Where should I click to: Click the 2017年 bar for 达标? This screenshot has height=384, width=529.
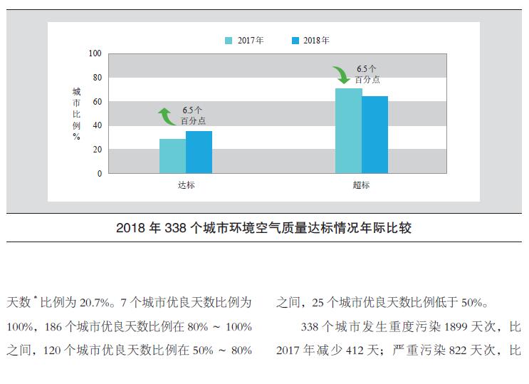click(172, 156)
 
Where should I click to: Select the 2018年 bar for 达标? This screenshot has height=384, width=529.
click(199, 152)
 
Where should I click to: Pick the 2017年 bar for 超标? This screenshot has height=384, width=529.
click(348, 131)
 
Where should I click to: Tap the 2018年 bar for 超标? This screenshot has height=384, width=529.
click(375, 135)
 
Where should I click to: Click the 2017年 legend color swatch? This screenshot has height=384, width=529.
click(229, 41)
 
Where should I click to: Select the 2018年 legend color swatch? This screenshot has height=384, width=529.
click(295, 41)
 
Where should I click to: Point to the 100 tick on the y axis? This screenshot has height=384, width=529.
click(95, 53)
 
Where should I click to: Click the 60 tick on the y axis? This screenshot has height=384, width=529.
click(98, 101)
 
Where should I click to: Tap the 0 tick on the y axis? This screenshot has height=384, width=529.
click(100, 173)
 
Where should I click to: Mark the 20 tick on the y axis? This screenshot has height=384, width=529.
click(98, 150)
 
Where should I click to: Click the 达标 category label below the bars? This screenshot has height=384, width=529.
click(186, 186)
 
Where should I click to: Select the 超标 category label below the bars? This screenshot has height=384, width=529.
click(361, 186)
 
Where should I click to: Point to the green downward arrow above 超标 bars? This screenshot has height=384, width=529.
click(341, 74)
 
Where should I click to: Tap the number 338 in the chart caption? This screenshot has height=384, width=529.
click(174, 229)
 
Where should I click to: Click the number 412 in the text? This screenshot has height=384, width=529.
click(347, 351)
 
